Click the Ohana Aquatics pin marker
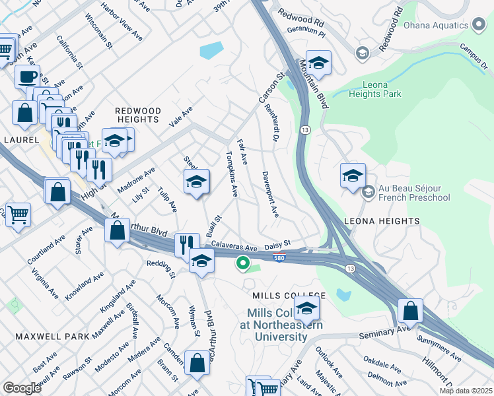480,26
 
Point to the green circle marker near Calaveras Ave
243,264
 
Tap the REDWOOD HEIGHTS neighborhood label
137,115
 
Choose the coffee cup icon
27,77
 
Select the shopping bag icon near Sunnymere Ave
410,310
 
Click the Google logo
21,387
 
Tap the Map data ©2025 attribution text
465,390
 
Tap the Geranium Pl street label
306,30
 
